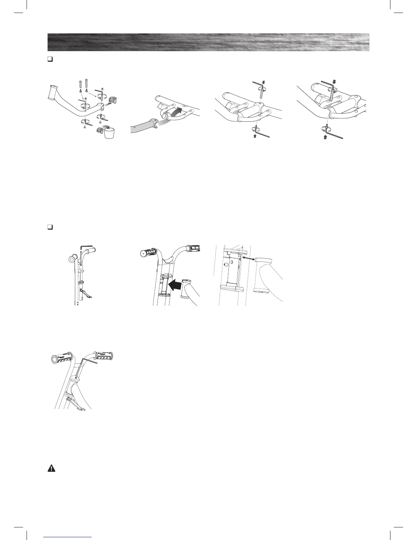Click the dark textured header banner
208,42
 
